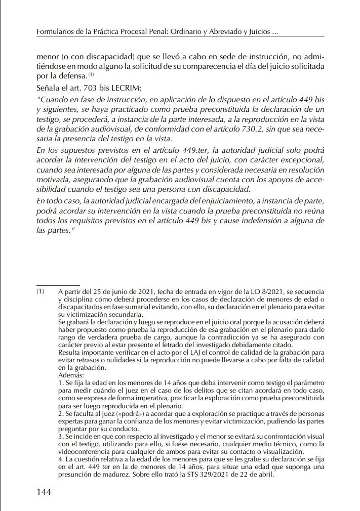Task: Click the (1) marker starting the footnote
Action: pos(41,292)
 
